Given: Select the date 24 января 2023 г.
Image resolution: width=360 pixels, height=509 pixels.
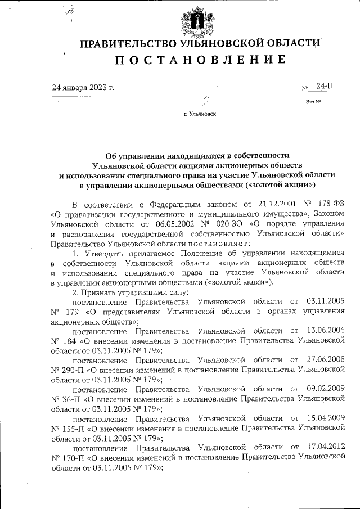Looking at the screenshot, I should pos(83,87).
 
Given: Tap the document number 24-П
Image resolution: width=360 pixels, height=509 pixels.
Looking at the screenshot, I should pos(325,86).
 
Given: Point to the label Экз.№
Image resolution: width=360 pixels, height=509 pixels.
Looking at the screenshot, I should pos(313,102).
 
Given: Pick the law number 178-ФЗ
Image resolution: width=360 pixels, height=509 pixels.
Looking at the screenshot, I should pos(330,204).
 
